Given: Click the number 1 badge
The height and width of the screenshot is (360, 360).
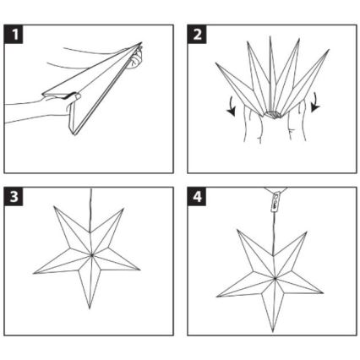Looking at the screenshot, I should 14,35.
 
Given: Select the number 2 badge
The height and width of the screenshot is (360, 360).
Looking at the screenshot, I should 196,35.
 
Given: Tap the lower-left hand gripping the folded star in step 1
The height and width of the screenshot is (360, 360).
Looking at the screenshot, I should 51,107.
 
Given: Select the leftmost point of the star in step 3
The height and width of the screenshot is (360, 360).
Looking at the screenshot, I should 35,272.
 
